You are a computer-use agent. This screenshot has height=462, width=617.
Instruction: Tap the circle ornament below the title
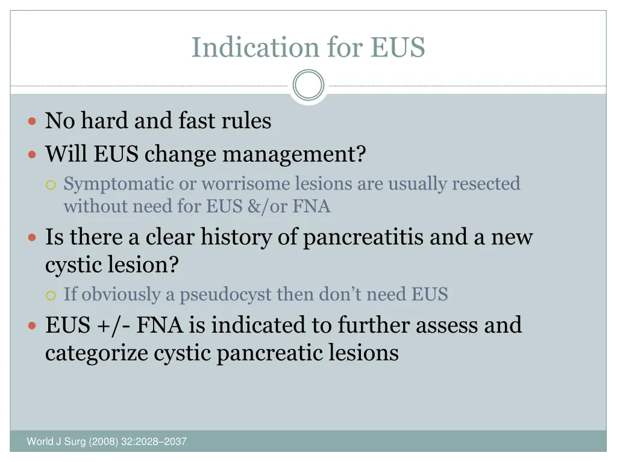point(308,85)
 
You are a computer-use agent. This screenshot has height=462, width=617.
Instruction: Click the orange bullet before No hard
point(33,122)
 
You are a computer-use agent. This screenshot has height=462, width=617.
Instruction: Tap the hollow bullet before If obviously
point(51,295)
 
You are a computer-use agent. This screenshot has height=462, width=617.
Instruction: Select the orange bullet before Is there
point(33,238)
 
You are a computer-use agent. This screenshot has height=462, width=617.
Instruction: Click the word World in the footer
point(39,442)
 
